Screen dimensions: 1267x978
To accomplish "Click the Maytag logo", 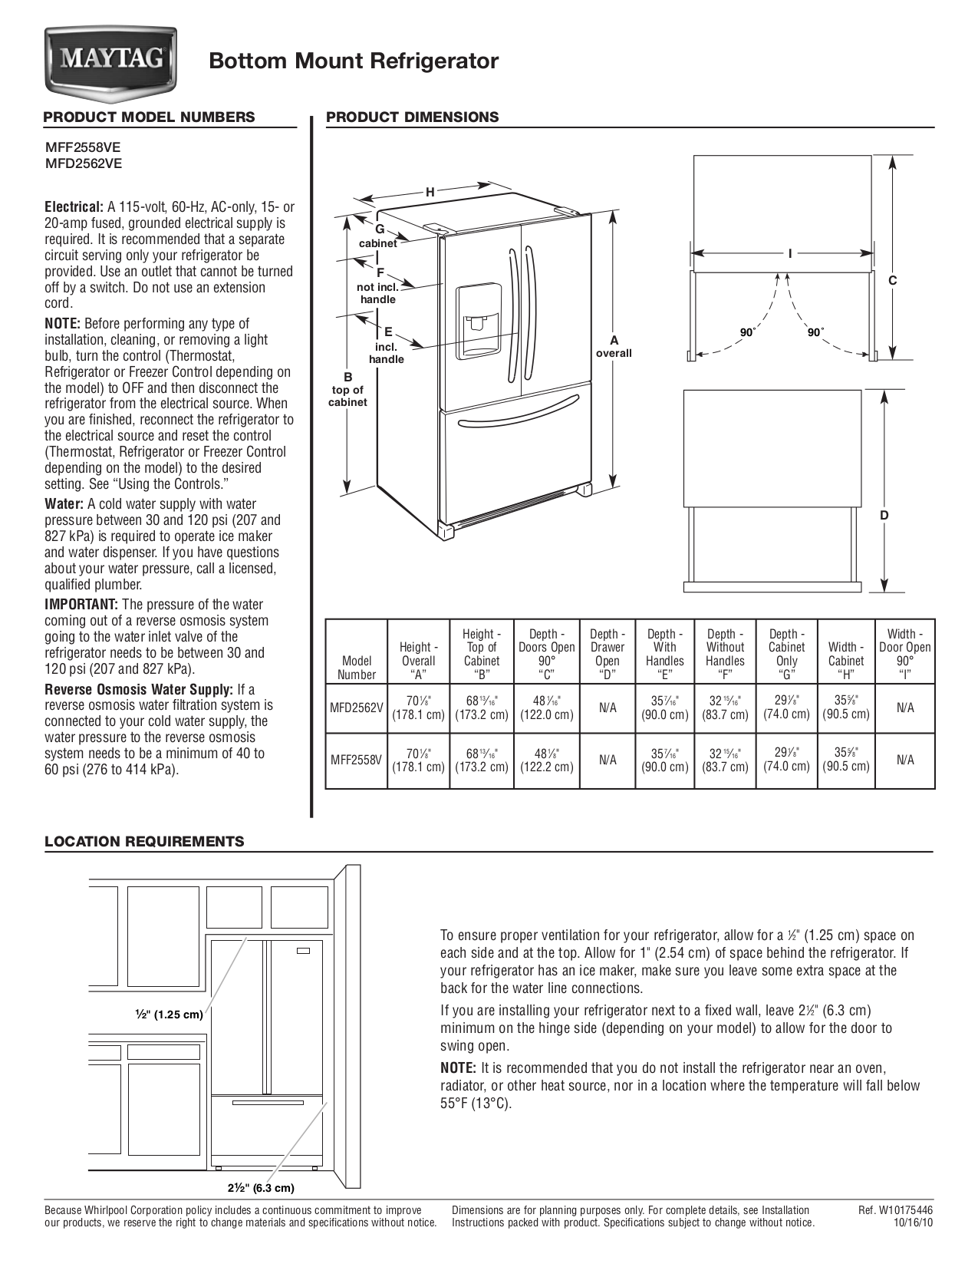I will tap(110, 60).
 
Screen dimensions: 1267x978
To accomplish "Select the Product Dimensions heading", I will tap(413, 117).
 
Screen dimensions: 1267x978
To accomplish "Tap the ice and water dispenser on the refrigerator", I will tap(479, 321).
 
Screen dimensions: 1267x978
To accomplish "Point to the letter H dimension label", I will tap(430, 193).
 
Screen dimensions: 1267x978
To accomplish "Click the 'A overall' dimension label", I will tap(614, 346).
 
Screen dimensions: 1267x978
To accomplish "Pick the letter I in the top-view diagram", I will tap(789, 254).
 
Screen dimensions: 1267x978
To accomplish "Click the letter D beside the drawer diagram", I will tap(884, 516).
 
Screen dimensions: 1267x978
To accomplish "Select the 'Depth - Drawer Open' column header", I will tap(607, 654).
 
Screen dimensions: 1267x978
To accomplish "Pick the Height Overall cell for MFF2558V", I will tap(418, 760).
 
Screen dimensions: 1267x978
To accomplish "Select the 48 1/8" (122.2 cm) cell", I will tap(546, 760).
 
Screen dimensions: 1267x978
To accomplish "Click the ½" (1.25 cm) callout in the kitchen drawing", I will tap(170, 1015).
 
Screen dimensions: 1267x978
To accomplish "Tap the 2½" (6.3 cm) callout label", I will tap(260, 1188).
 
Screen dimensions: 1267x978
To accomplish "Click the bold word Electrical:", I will tap(74, 207).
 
